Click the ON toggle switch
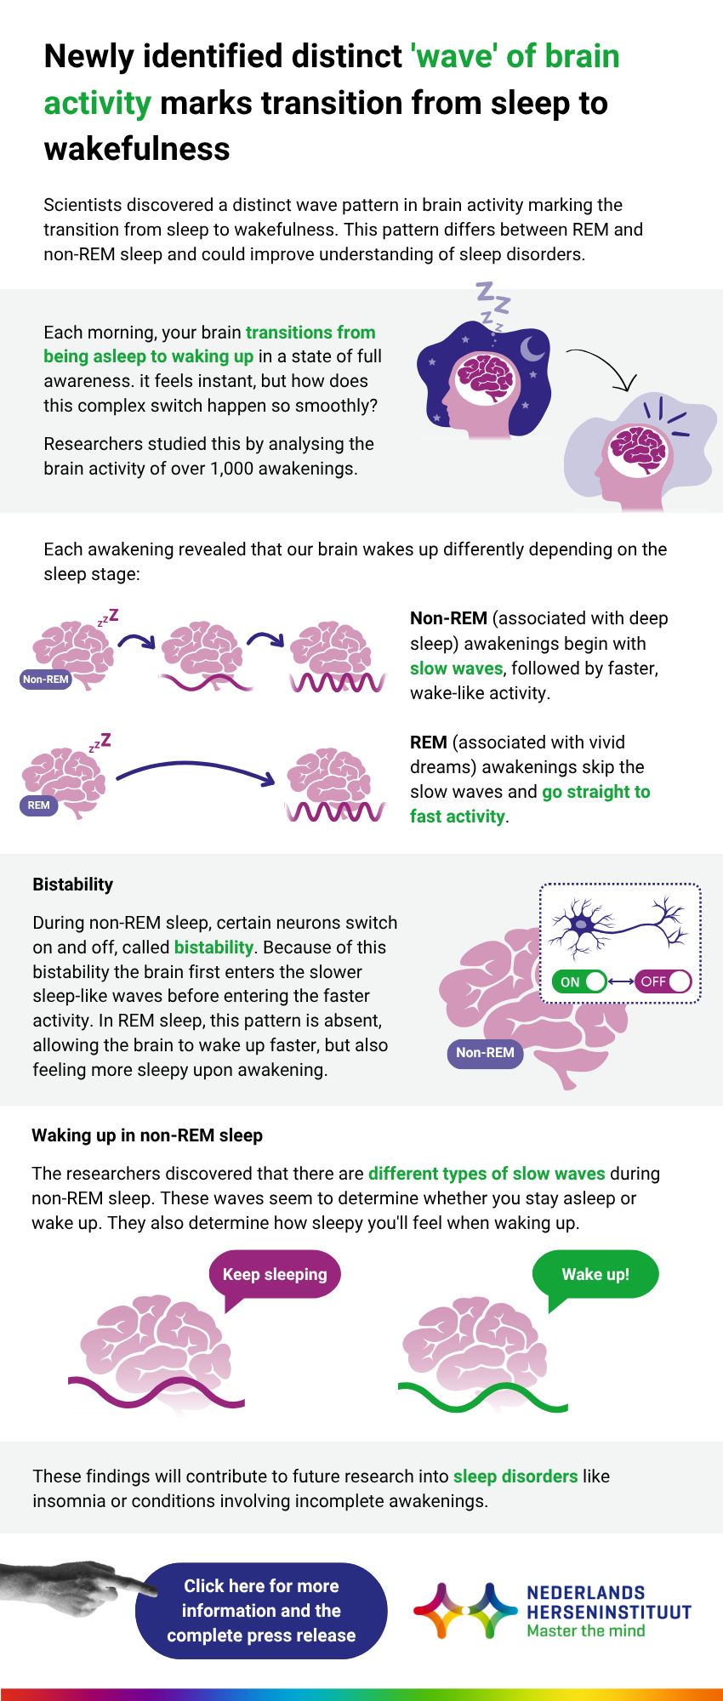tap(579, 981)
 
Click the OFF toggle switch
tap(663, 981)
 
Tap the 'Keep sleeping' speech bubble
tap(275, 1274)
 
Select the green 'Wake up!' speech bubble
tap(595, 1274)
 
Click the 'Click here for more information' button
tap(261, 1610)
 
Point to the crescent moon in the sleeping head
tap(532, 348)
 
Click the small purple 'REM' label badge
tap(38, 805)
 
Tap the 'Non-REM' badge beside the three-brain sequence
tap(45, 680)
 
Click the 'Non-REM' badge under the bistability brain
tap(485, 1053)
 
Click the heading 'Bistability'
tap(72, 885)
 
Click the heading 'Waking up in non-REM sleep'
tap(147, 1135)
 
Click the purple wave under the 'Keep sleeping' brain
tap(157, 1393)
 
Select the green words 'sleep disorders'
tap(515, 1476)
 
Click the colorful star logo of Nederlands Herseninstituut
tap(464, 1610)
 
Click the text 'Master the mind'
tap(585, 1631)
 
